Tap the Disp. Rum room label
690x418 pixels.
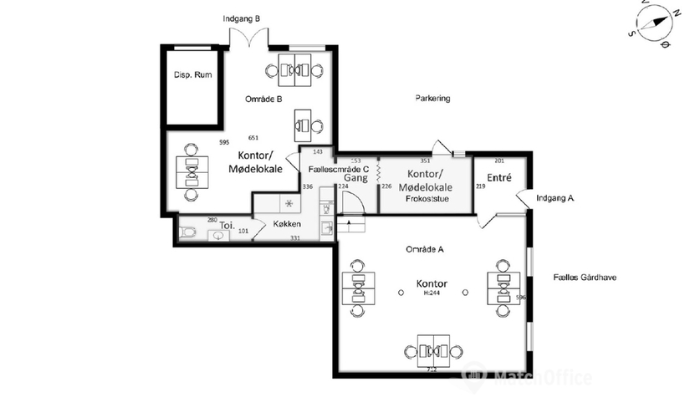coord(192,75)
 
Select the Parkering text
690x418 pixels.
coord(432,99)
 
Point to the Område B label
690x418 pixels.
coord(263,99)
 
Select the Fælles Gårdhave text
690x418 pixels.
coord(585,276)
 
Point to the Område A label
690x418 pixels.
coord(424,249)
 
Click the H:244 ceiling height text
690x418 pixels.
coord(432,293)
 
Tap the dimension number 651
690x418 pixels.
coord(253,137)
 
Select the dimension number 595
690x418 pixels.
coord(224,143)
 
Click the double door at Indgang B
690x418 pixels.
coord(250,37)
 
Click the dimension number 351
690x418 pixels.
coord(425,161)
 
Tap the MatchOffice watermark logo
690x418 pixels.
coord(527,377)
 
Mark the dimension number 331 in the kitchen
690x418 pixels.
coord(295,238)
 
